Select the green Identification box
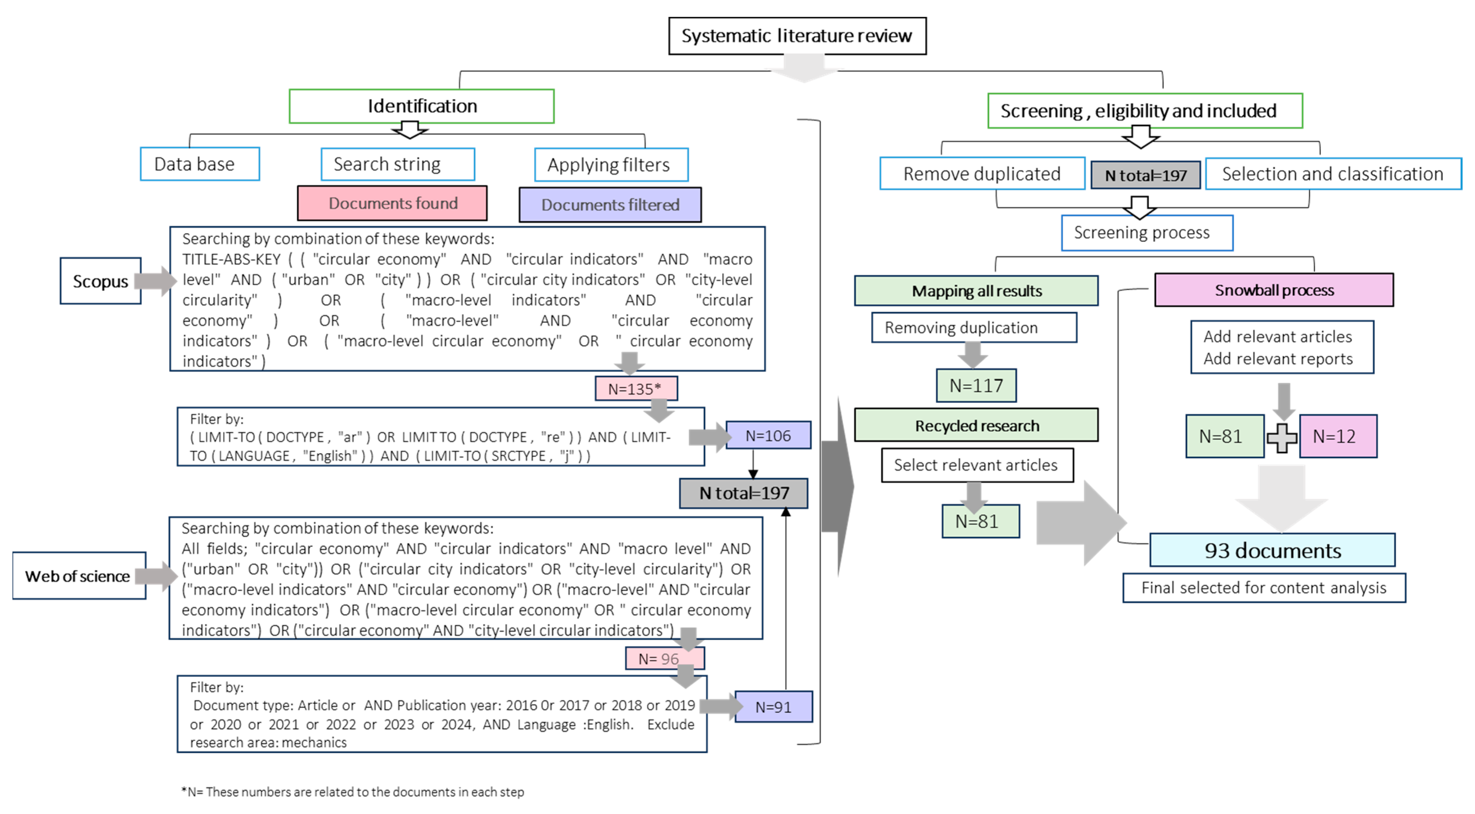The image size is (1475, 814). tap(422, 106)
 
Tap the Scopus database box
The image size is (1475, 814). tap(100, 281)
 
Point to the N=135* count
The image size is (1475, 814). tap(635, 389)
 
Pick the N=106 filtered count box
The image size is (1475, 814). tap(768, 436)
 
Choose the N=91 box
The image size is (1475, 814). tap(773, 707)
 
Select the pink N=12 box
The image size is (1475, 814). tap(1338, 436)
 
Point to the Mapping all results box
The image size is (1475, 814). tap(976, 291)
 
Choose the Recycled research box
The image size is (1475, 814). tap(976, 425)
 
